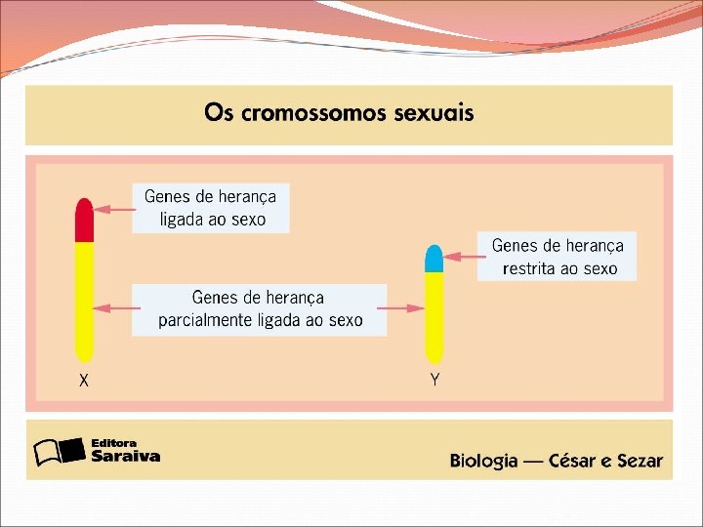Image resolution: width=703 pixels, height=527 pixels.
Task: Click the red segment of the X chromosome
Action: click(x=84, y=221)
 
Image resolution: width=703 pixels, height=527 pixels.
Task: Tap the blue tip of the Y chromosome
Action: click(x=434, y=258)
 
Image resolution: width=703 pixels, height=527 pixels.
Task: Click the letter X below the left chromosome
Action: click(x=84, y=382)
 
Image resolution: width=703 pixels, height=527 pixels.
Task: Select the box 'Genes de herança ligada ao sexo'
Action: click(x=211, y=208)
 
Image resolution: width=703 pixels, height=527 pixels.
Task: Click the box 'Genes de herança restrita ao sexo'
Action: click(x=557, y=257)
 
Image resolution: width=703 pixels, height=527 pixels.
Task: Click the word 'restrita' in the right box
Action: click(x=533, y=268)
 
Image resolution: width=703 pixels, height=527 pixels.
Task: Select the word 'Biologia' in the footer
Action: click(x=483, y=462)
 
